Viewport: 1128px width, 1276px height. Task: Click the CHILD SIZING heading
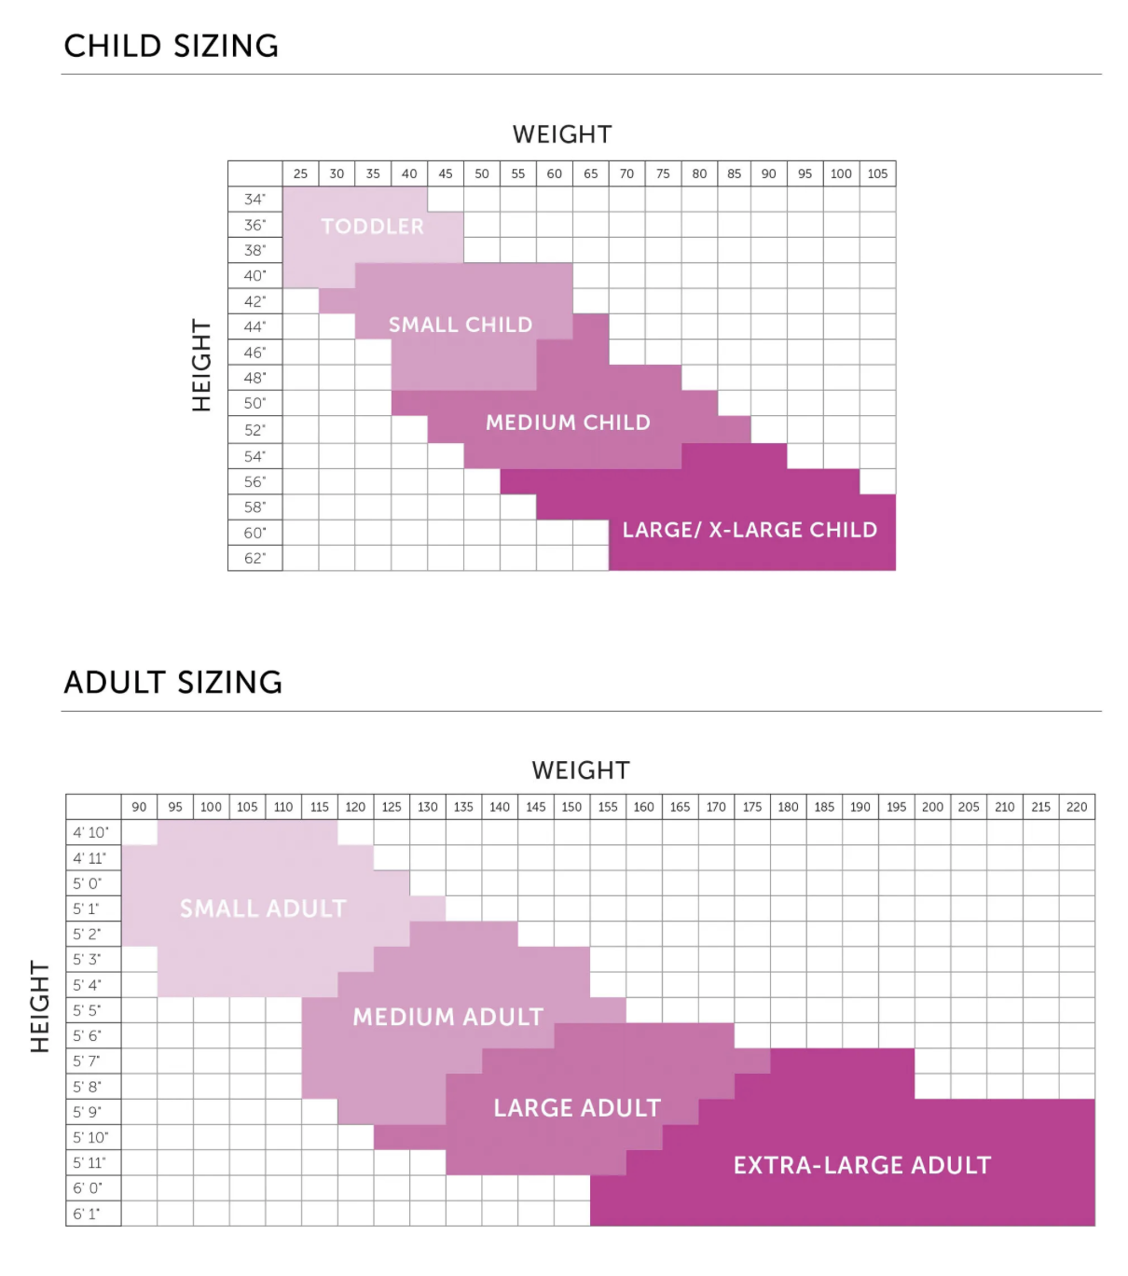pos(172,46)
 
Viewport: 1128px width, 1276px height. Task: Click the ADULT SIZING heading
pos(173,683)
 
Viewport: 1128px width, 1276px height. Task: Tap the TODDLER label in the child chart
pos(372,227)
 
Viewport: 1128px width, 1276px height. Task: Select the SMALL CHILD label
pos(461,325)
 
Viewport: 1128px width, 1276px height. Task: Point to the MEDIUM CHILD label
pos(568,423)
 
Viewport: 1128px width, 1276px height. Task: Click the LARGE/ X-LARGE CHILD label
pos(750,530)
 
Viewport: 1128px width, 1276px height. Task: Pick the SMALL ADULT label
pos(263,908)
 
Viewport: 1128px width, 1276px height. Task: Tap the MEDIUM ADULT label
pos(447,1017)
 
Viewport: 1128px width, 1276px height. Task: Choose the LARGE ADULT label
pos(577,1108)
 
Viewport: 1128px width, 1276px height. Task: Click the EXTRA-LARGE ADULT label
pos(862,1165)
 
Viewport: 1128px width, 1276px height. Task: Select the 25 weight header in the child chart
pos(300,173)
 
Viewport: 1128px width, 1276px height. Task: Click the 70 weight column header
pos(626,173)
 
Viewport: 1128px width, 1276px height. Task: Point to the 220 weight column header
pos(1077,807)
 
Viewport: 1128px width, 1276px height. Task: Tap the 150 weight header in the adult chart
pos(571,807)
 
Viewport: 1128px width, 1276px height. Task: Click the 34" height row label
pos(254,199)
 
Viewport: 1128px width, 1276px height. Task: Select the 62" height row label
pos(254,558)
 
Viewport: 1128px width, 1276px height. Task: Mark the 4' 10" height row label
pos(91,832)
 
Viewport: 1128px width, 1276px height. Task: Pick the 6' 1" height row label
pos(87,1214)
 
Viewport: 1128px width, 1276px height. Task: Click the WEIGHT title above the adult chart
pos(581,770)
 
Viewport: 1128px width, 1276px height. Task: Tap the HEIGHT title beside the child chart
pos(201,365)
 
